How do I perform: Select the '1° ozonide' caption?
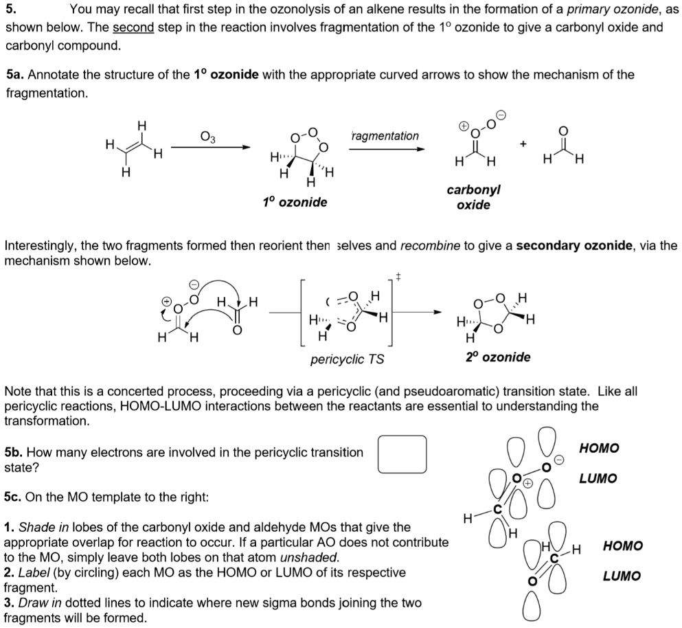coord(295,202)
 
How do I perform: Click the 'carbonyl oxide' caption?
coord(473,197)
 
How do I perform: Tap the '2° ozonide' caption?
coord(498,357)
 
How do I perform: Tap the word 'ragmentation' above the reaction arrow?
coord(385,136)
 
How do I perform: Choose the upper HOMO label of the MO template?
coord(599,449)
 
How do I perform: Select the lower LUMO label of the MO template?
coord(622,576)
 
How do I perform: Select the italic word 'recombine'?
coord(430,245)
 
